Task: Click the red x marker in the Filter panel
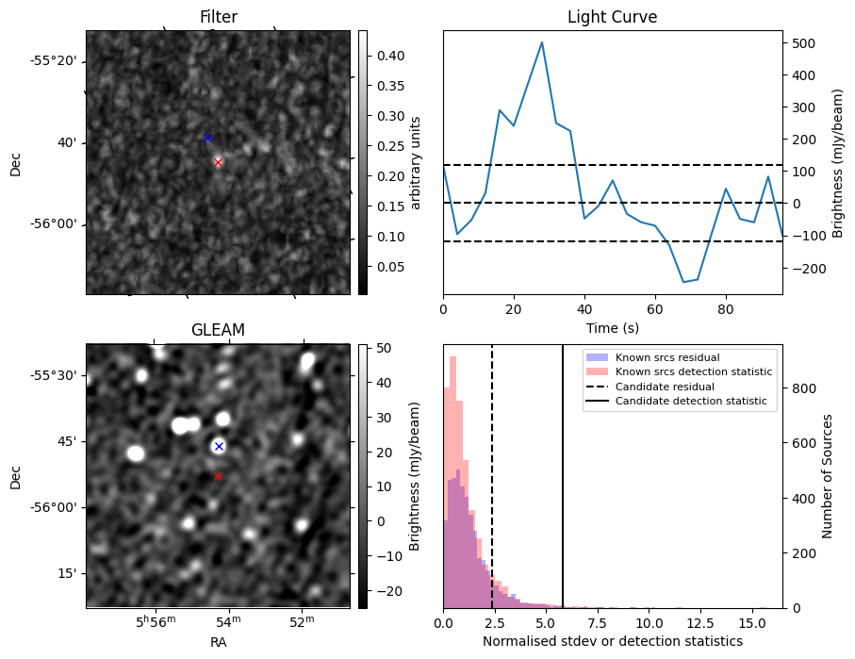tap(218, 162)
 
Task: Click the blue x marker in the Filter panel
tap(207, 138)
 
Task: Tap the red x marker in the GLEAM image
tap(218, 476)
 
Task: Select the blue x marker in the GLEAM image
tap(219, 446)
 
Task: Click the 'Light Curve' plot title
tap(612, 17)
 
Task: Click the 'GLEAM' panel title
tap(218, 330)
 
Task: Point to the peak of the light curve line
tap(542, 42)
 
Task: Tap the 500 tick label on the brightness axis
tap(803, 43)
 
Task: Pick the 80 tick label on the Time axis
tap(726, 308)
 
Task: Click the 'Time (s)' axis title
tap(612, 326)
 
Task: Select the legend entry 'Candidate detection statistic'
tap(690, 402)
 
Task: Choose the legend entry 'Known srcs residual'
tap(666, 357)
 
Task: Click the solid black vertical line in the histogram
tap(563, 519)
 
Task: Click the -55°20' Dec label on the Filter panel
tap(54, 61)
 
